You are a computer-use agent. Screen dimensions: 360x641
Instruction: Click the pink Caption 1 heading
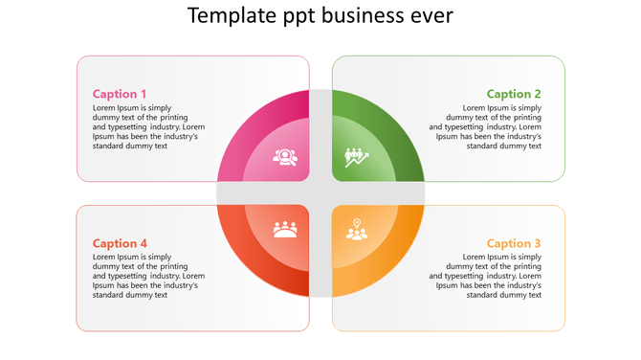point(120,94)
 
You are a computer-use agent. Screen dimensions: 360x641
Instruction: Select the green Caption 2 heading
point(514,94)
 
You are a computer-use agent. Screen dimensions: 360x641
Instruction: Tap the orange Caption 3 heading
point(514,243)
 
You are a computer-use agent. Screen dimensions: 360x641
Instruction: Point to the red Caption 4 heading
point(120,243)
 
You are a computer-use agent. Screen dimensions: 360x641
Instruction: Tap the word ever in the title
point(431,16)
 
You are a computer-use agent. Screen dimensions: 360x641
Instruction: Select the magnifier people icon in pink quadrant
point(284,156)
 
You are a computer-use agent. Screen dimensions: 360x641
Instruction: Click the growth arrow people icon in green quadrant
point(357,156)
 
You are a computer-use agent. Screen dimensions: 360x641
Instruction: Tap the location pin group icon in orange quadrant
point(357,230)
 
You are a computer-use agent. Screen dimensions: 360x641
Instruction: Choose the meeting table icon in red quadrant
point(284,230)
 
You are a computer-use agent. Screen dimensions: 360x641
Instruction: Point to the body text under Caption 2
point(486,126)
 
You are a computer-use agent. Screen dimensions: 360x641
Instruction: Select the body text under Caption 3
point(486,276)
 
